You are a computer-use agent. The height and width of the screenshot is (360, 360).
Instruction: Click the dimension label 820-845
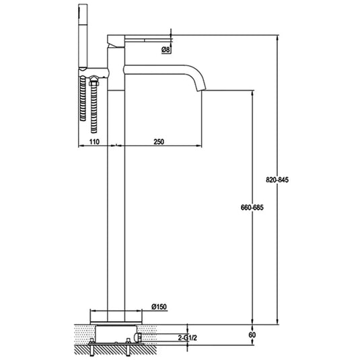point(277,180)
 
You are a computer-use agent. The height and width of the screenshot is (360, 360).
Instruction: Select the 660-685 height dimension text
point(252,208)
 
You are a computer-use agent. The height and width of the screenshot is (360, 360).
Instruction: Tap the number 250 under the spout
point(159,142)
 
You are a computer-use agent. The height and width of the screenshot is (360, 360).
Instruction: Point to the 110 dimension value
point(94,142)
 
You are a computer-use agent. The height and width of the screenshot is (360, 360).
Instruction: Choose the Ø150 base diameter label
point(159,307)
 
